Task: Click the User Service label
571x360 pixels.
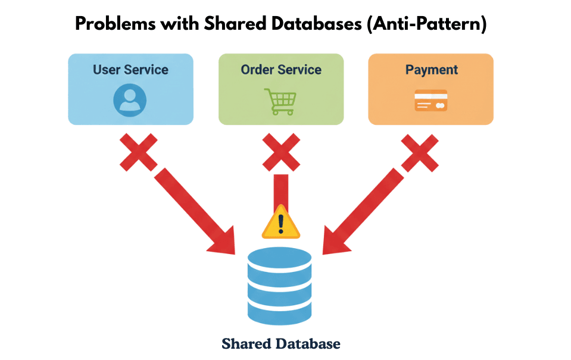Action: coord(130,70)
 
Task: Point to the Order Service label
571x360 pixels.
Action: coord(281,70)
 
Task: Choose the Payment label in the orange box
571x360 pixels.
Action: coord(431,70)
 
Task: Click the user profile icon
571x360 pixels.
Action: coord(130,99)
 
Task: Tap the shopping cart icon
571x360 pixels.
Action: coord(280,101)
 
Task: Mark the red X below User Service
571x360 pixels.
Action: coord(139,151)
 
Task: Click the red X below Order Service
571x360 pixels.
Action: coord(280,151)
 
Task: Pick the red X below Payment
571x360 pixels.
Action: coord(420,151)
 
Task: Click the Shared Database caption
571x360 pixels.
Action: coord(280,343)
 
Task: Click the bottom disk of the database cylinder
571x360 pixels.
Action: coord(279,312)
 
